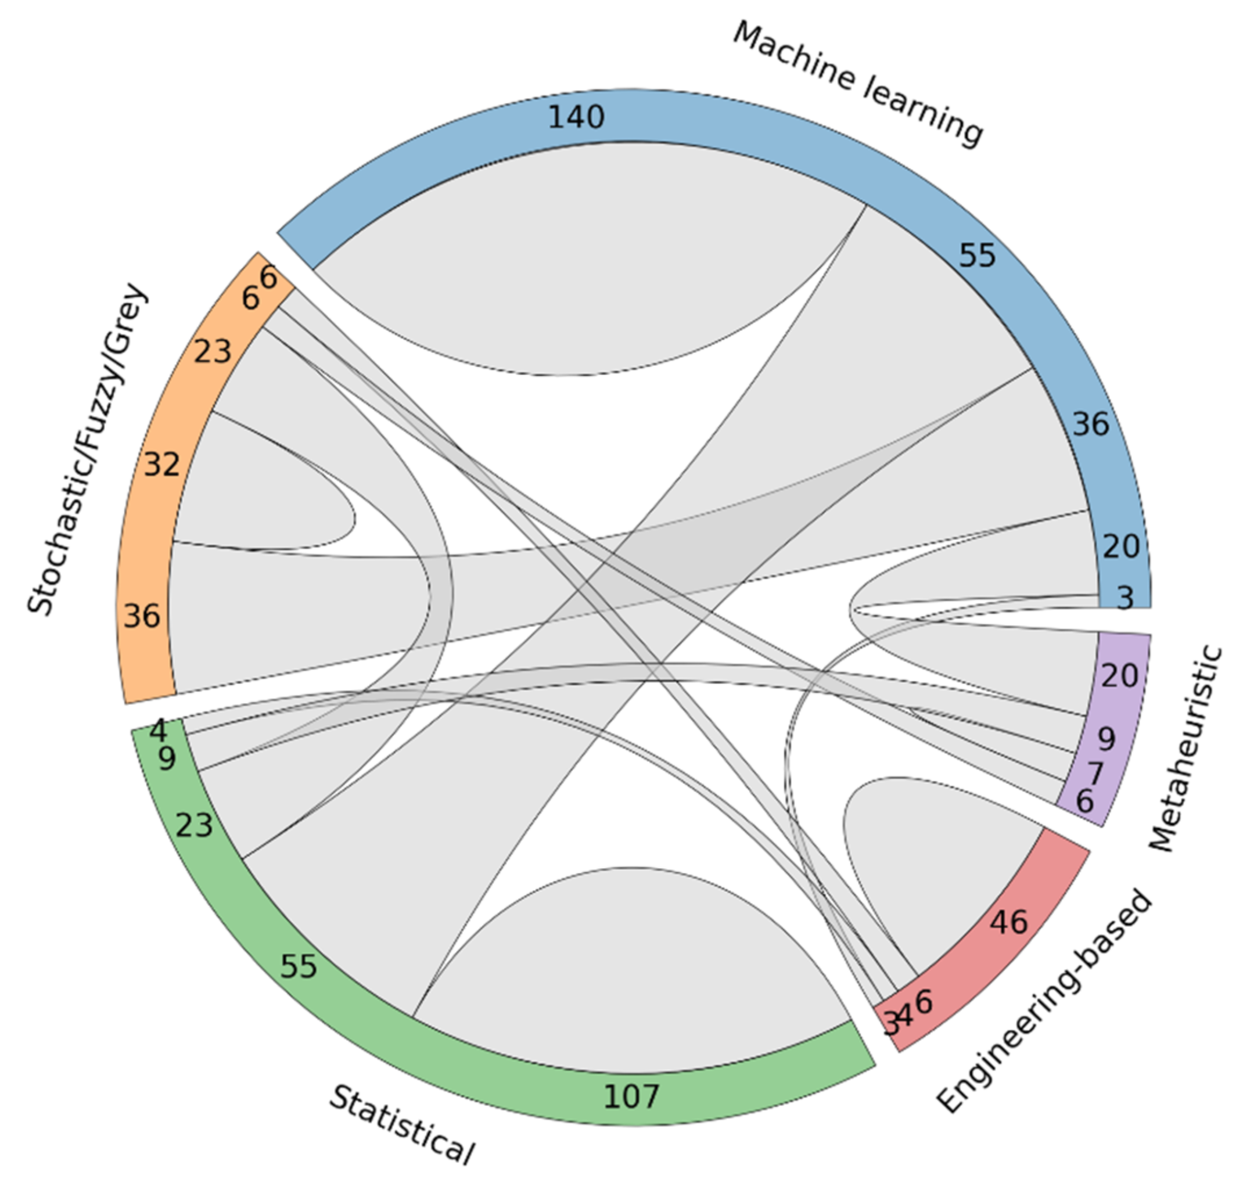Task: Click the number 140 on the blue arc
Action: [576, 117]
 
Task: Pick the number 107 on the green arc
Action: [631, 1096]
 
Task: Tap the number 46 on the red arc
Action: [1009, 922]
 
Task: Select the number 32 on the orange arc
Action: [162, 465]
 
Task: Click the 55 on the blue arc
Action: [977, 256]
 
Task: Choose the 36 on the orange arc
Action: [142, 616]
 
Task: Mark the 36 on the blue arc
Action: [1090, 424]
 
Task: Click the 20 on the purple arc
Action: [1120, 676]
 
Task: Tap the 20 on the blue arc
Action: [1121, 546]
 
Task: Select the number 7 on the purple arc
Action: [1095, 772]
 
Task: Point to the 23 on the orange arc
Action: [212, 351]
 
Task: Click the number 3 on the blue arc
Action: [1125, 598]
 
